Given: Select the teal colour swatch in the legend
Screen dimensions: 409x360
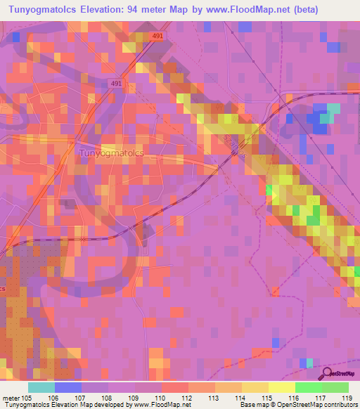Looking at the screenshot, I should click(x=41, y=387).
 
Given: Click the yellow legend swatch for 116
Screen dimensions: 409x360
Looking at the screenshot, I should click(x=282, y=387).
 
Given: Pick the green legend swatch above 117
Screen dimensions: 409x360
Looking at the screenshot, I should click(x=309, y=387).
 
